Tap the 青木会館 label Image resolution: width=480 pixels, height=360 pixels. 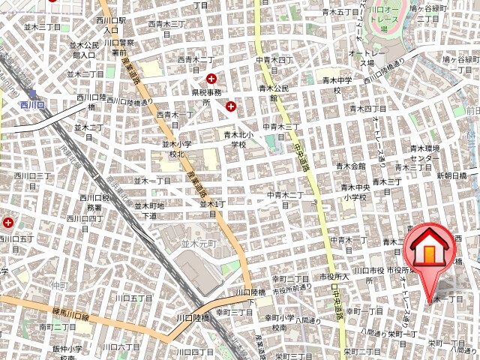click(350, 166)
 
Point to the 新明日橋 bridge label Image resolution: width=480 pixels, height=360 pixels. click(451, 175)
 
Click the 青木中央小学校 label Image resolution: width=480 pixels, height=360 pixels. click(352, 193)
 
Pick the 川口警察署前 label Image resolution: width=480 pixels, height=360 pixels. click(119, 48)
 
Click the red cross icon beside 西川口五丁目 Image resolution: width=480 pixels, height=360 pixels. click(8, 223)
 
